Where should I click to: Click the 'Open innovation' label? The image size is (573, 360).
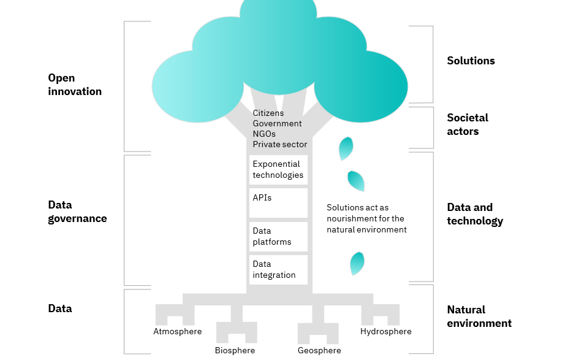coord(75,85)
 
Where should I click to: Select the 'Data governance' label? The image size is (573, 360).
coord(77,212)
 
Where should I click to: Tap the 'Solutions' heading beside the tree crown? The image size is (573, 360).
coord(471,61)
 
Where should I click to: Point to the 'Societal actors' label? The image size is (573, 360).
coord(468,124)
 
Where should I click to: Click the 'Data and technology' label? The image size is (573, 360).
coord(475,214)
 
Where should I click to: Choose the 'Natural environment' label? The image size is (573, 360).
coord(479,316)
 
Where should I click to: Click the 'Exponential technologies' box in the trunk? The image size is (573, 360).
coord(278,170)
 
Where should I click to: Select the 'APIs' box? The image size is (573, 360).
coord(278,203)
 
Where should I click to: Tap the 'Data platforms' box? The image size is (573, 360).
coord(278,237)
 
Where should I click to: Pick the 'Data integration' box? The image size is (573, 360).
coord(278,270)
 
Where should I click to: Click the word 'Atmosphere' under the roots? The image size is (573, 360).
coord(177,332)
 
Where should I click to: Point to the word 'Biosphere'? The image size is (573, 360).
coord(235,351)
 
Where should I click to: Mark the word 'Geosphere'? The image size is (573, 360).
coord(319,351)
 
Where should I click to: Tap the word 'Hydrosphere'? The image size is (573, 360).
coord(386,332)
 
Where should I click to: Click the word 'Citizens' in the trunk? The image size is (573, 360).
coord(268,113)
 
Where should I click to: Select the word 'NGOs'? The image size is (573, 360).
coord(264,134)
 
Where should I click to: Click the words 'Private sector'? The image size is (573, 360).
coord(279,145)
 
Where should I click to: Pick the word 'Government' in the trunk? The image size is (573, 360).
coord(277,124)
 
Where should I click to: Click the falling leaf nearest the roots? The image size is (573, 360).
coord(357,264)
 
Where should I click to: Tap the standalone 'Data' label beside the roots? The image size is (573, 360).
coord(60,308)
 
